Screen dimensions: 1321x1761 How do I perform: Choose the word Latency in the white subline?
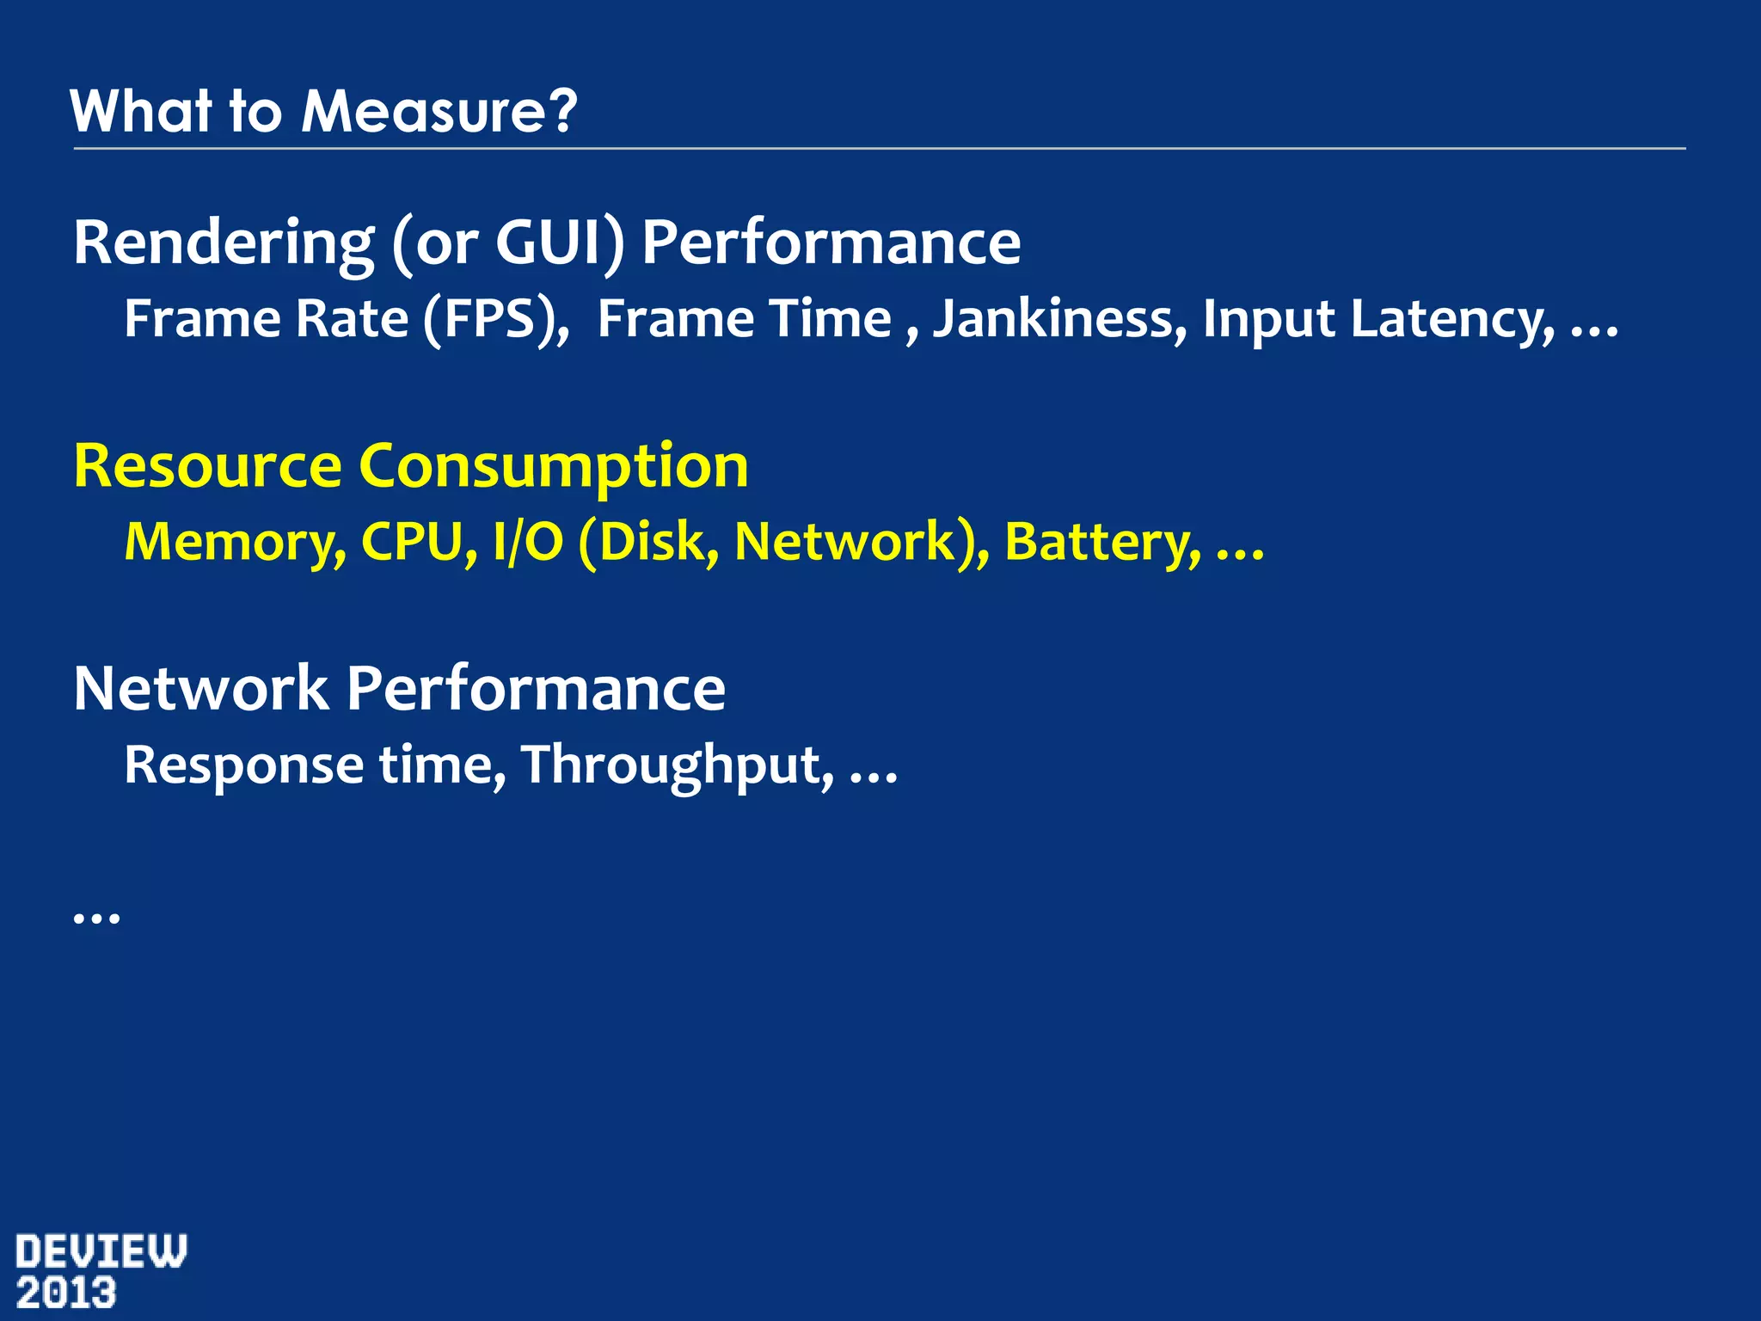coord(1451,319)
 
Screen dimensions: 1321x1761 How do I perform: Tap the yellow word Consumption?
coord(553,466)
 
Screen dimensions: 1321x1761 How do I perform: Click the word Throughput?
coord(677,765)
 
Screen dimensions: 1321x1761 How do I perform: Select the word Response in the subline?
coord(244,765)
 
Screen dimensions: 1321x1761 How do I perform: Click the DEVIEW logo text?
coord(101,1251)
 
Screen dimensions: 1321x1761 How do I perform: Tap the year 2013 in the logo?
coord(66,1293)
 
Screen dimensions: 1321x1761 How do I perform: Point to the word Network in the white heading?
coord(200,689)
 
